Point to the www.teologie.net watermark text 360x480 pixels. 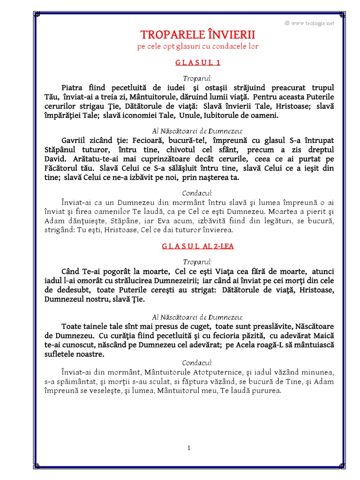(312, 22)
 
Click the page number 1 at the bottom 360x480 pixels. (189, 448)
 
